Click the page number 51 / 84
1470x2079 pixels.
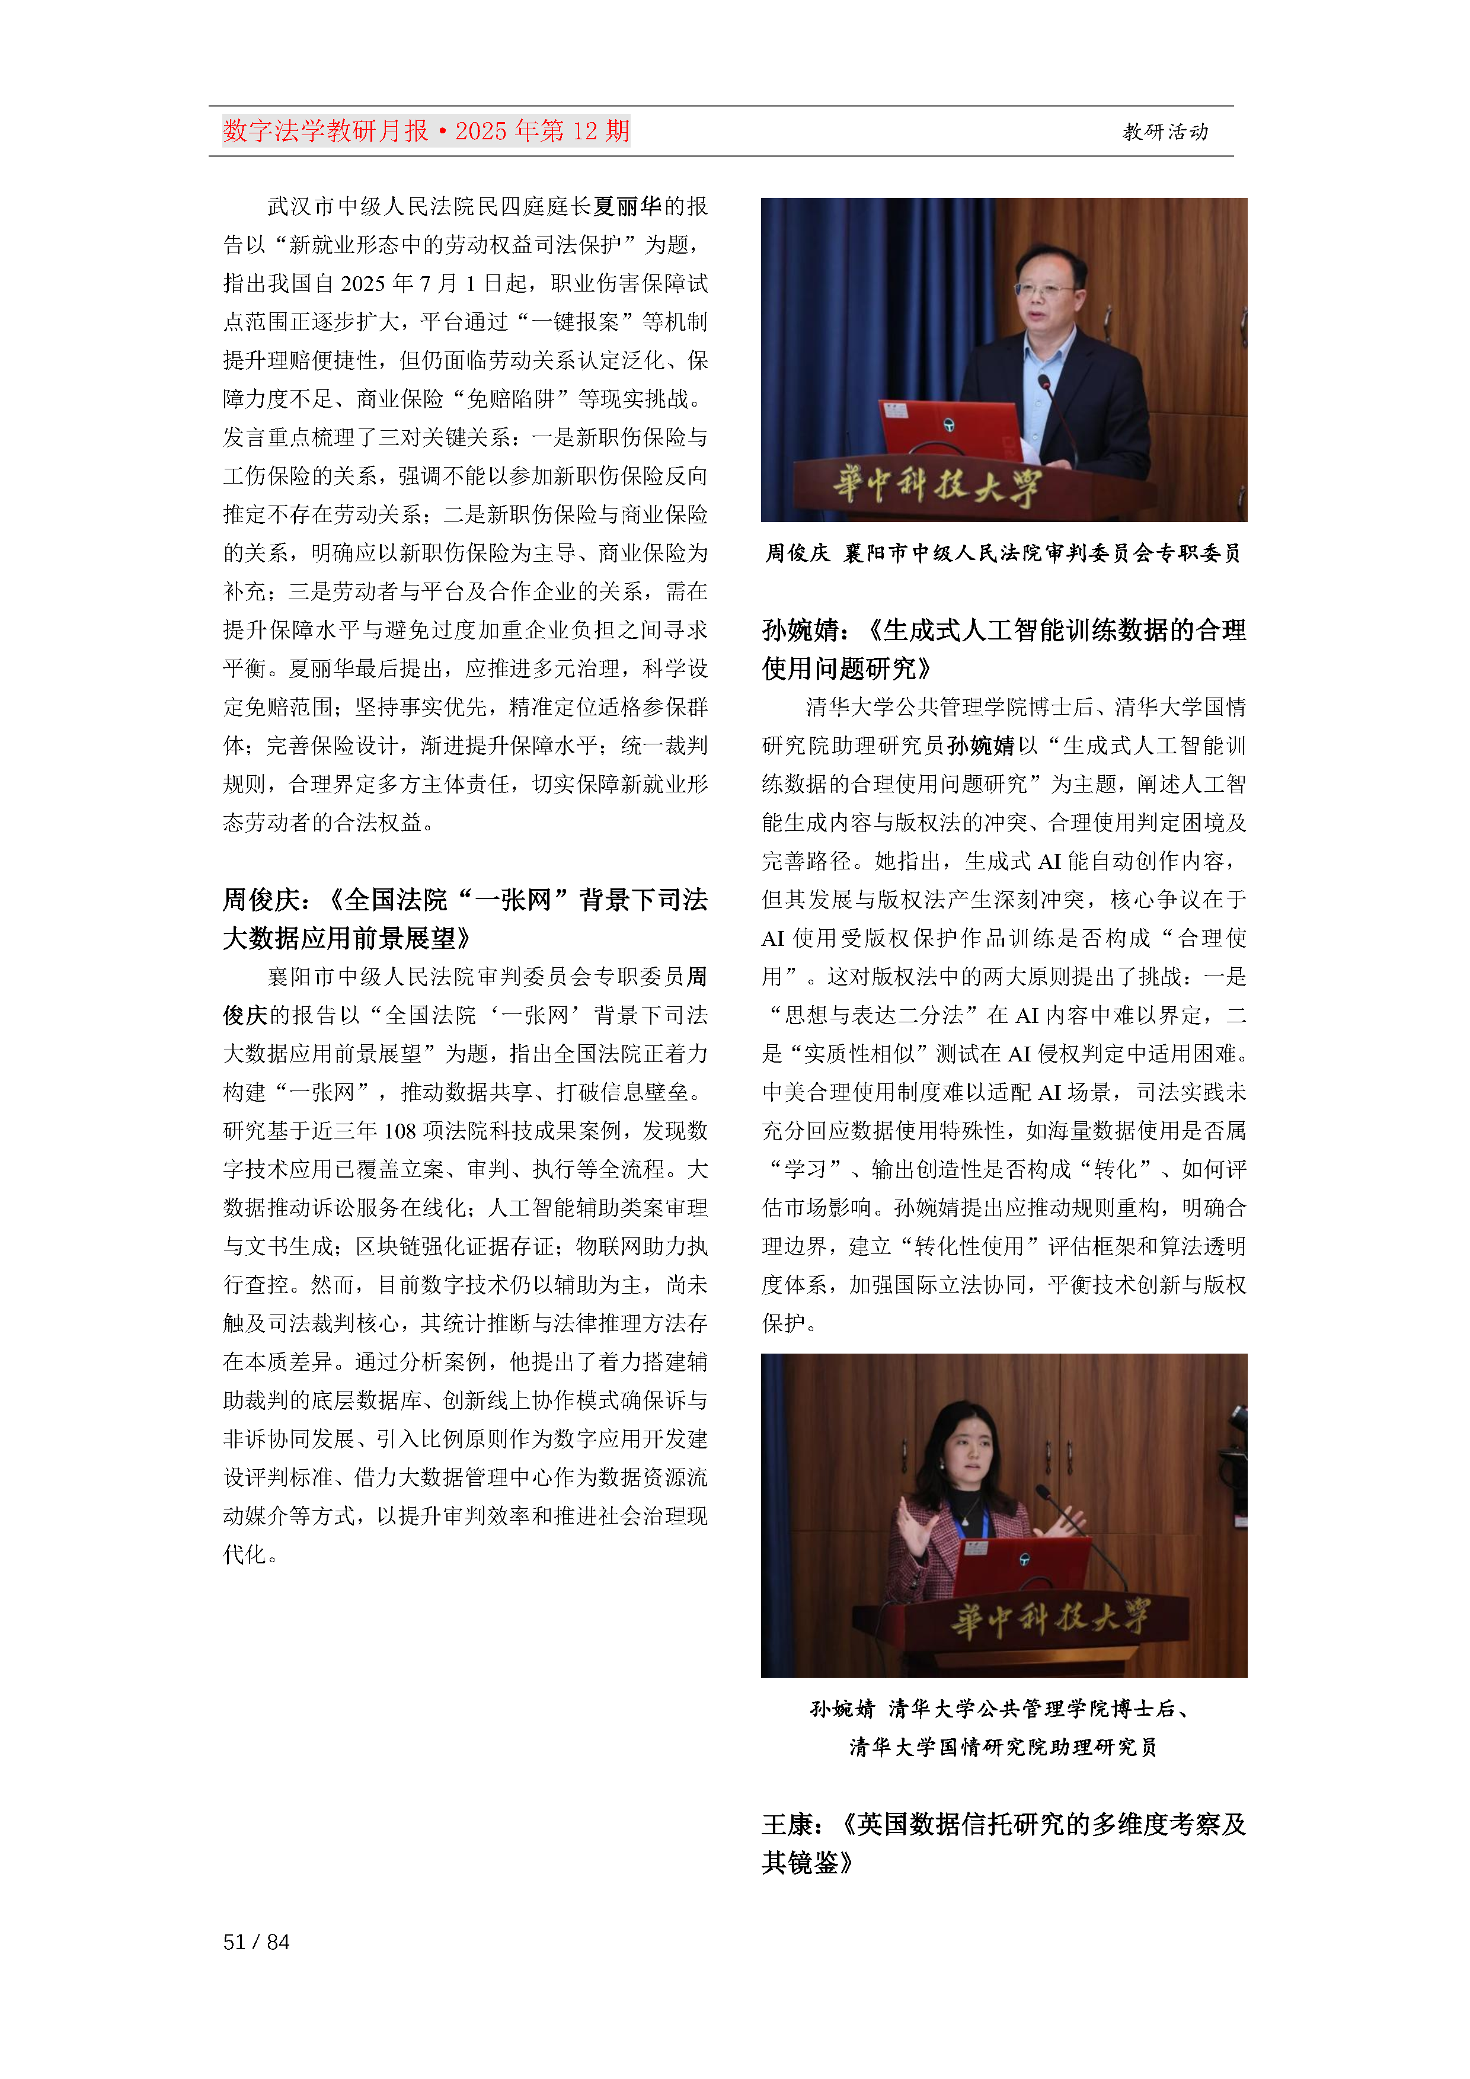(x=256, y=1942)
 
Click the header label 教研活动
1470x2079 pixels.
(x=1165, y=132)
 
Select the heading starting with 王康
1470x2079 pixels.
(x=1004, y=1843)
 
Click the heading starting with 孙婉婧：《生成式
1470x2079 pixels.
(x=1004, y=649)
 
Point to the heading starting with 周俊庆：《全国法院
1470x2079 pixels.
(x=465, y=918)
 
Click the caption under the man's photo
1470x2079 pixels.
(x=1004, y=554)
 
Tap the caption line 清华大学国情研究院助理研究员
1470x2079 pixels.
(x=1004, y=1747)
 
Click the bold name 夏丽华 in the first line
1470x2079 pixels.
(x=628, y=206)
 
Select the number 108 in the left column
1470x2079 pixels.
(x=400, y=1131)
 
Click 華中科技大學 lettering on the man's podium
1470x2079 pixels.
(x=938, y=486)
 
